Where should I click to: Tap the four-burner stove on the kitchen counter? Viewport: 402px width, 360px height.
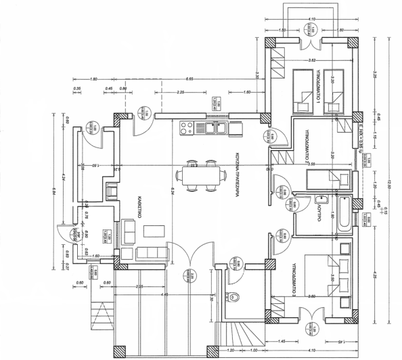(x=187, y=127)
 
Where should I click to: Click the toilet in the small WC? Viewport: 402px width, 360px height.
(x=237, y=296)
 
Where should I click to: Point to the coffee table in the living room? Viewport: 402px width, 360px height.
(x=153, y=231)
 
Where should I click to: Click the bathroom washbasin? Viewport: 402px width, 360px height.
(x=323, y=200)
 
